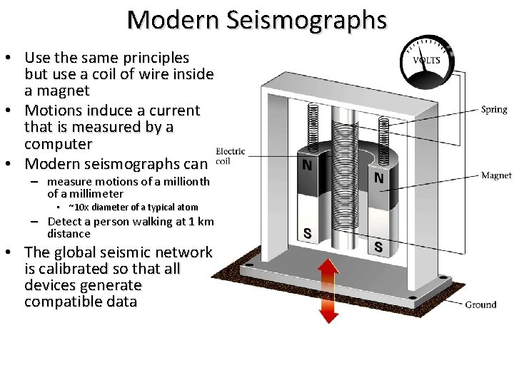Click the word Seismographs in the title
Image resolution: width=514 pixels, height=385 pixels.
(x=307, y=20)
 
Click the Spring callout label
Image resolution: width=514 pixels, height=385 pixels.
(x=494, y=110)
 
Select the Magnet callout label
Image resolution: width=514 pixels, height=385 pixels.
(x=496, y=175)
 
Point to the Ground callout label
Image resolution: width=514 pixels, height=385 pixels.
(x=480, y=304)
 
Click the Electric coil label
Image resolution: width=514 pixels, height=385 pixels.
(x=230, y=155)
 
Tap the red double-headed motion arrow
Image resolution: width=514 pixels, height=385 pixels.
(x=328, y=290)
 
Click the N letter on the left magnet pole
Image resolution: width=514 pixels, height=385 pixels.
(x=307, y=165)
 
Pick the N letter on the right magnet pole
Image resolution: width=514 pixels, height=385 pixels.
(x=378, y=178)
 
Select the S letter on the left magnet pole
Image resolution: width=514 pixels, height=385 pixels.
(x=307, y=233)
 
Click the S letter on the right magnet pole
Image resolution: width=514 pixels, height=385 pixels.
(x=378, y=247)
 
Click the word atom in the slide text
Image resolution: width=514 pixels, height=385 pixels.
(x=187, y=207)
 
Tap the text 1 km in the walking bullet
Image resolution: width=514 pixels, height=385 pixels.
(x=201, y=222)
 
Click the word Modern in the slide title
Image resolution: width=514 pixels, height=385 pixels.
(x=174, y=20)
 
